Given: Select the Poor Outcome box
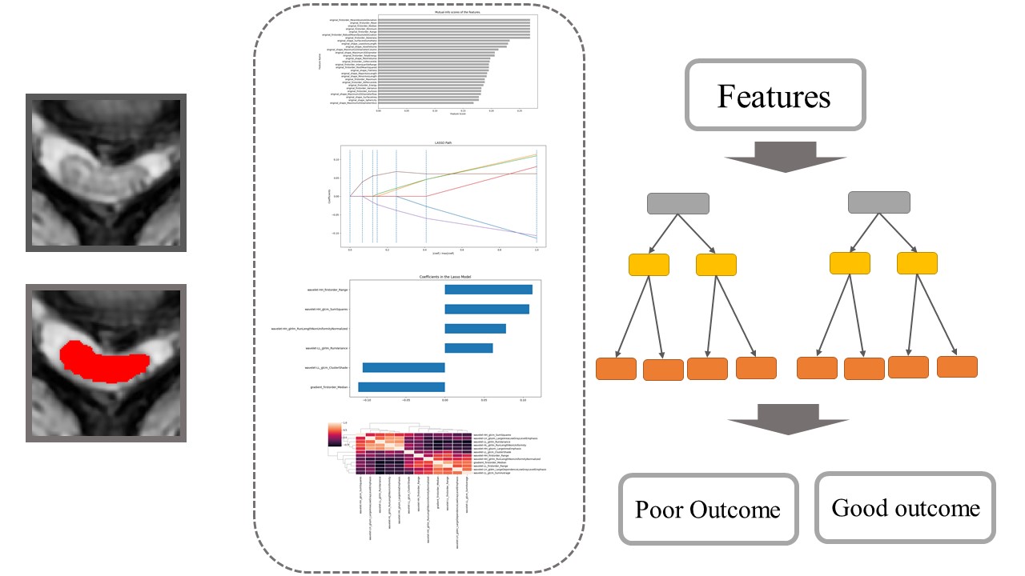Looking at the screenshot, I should click(x=708, y=509).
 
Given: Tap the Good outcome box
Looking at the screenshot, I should click(x=905, y=507).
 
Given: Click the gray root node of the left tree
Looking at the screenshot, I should click(x=678, y=203).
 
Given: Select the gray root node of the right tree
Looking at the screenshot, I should click(x=878, y=202).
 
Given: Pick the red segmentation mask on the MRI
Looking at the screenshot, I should click(x=104, y=360).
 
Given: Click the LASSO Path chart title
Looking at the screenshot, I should click(x=443, y=142).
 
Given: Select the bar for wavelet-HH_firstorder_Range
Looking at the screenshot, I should click(x=488, y=290).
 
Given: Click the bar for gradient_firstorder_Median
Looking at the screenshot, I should click(x=401, y=387).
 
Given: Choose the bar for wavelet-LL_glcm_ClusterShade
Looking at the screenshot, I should click(x=404, y=367).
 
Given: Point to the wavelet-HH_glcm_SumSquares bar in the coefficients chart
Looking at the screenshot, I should click(x=487, y=309).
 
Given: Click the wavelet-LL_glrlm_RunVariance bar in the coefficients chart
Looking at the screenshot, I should click(x=468, y=348).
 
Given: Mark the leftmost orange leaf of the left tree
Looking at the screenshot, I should click(x=617, y=369).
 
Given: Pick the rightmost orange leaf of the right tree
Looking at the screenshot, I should click(x=957, y=366).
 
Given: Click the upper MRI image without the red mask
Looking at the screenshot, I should click(x=106, y=173).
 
